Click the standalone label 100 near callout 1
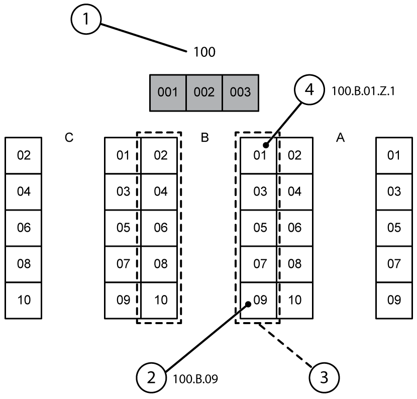204,52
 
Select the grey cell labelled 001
168,92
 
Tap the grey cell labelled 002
204,92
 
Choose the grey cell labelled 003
240,92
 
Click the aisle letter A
340,138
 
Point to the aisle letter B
204,138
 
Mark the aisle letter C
69,138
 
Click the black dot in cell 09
249,304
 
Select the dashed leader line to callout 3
285,347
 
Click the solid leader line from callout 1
143,36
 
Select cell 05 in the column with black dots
259,228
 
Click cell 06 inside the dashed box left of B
160,228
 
